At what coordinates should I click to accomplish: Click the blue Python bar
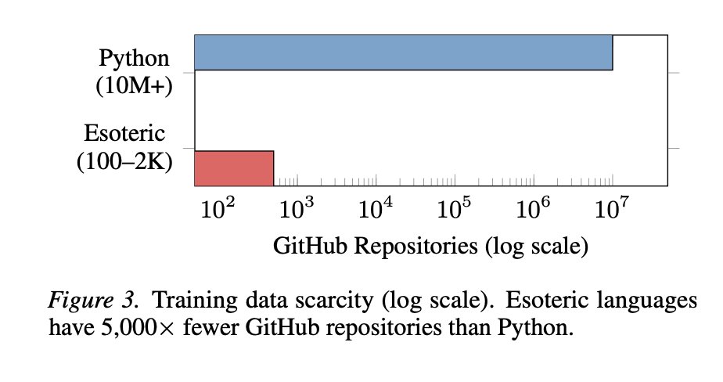tap(403, 53)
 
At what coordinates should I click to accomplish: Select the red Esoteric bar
tap(234, 168)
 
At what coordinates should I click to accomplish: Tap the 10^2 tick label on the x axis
tap(217, 209)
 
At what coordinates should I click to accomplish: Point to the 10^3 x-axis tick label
tap(296, 209)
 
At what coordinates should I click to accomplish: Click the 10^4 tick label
tap(375, 209)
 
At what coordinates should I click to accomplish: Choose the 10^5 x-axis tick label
tap(454, 209)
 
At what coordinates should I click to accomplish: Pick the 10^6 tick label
tap(533, 209)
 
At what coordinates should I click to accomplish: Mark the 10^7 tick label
tap(612, 209)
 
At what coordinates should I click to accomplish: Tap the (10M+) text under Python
tap(134, 85)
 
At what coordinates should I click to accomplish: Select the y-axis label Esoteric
tap(128, 134)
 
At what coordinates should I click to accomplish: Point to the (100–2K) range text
tap(125, 161)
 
